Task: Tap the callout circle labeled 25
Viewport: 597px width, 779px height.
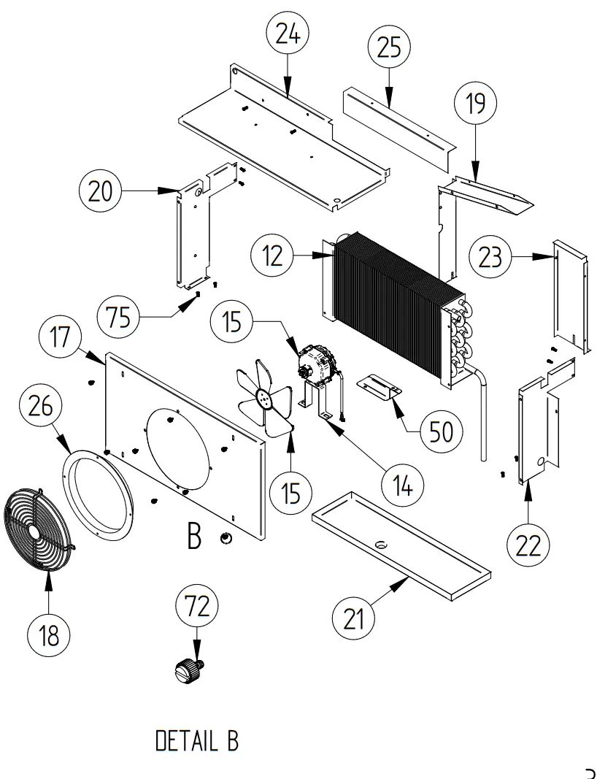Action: coord(389,48)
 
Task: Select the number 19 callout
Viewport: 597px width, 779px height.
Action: coord(475,105)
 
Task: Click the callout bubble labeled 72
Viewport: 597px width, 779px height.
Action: coord(197,606)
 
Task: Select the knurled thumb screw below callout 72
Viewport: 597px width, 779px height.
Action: coord(189,669)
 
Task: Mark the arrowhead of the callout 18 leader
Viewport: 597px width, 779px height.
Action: coord(49,576)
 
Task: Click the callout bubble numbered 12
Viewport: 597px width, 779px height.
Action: coord(272,256)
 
